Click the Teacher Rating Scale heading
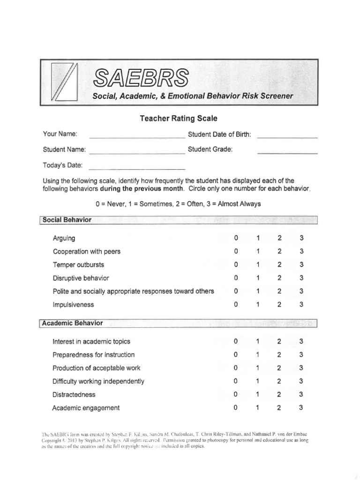179,119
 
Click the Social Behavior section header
67,220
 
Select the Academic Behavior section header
73,323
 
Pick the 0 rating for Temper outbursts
236,264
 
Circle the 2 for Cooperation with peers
279,251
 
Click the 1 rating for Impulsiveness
258,305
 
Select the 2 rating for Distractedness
279,394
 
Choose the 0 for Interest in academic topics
236,341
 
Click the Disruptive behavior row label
80,278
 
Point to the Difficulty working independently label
98,381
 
